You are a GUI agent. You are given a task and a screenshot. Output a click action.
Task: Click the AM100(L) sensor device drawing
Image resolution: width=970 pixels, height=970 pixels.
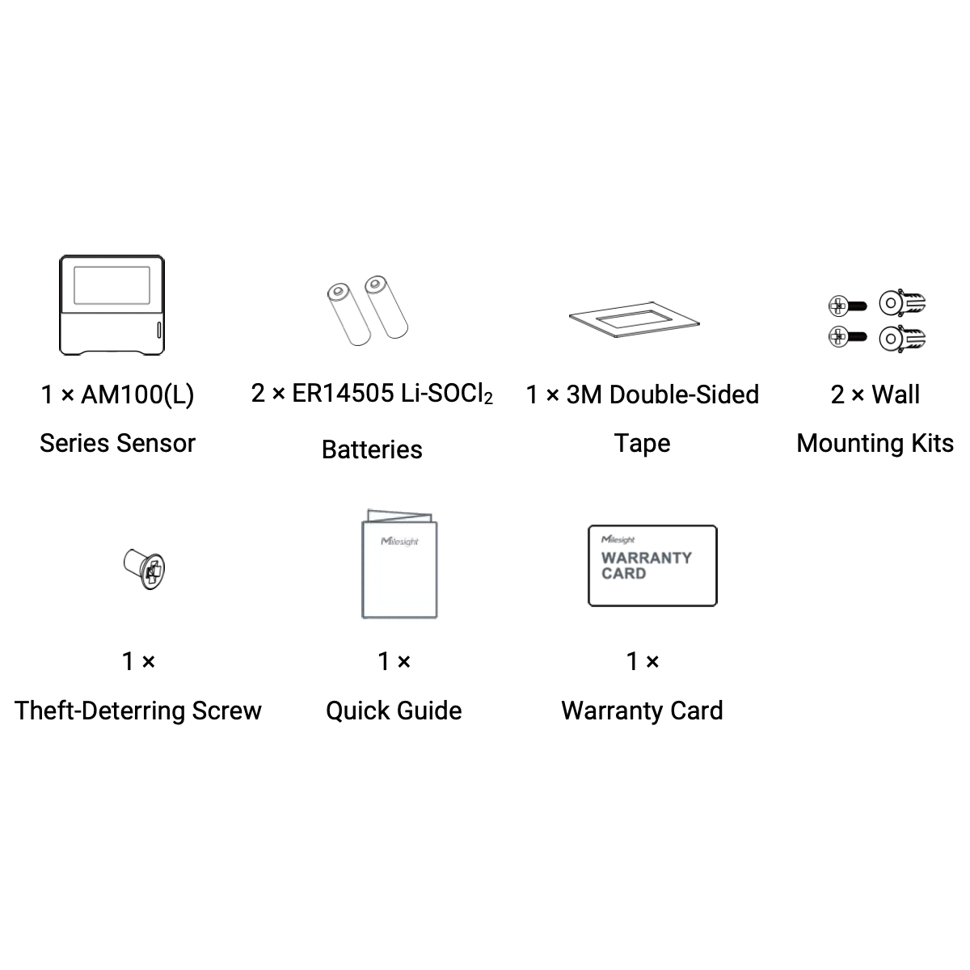(x=112, y=306)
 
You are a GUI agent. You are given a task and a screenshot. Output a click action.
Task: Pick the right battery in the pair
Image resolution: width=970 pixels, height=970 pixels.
(x=386, y=307)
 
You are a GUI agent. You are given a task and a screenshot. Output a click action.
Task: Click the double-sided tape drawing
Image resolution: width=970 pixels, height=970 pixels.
(x=635, y=321)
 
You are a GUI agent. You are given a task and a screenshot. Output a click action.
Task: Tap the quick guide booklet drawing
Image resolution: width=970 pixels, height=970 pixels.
(x=399, y=565)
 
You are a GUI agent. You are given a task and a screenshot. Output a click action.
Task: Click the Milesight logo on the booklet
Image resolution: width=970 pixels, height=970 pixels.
(x=399, y=541)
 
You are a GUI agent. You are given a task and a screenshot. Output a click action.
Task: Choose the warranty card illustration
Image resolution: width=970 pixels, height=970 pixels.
(x=652, y=565)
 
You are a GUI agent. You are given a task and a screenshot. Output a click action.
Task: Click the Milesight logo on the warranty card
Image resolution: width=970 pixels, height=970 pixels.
(x=618, y=539)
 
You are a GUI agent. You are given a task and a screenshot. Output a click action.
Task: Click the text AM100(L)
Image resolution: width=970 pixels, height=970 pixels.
(x=137, y=395)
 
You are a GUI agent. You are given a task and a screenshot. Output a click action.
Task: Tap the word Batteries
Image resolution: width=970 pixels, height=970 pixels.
(x=372, y=449)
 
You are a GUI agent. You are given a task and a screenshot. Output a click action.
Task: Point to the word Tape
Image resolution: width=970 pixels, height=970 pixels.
(x=642, y=443)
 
